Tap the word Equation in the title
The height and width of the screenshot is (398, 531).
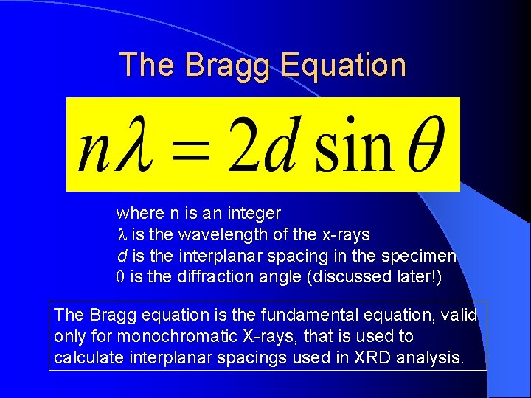[344, 66]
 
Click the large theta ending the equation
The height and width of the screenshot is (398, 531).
[424, 143]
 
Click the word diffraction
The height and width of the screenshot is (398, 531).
[224, 276]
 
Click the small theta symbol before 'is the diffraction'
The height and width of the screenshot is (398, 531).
[122, 277]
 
